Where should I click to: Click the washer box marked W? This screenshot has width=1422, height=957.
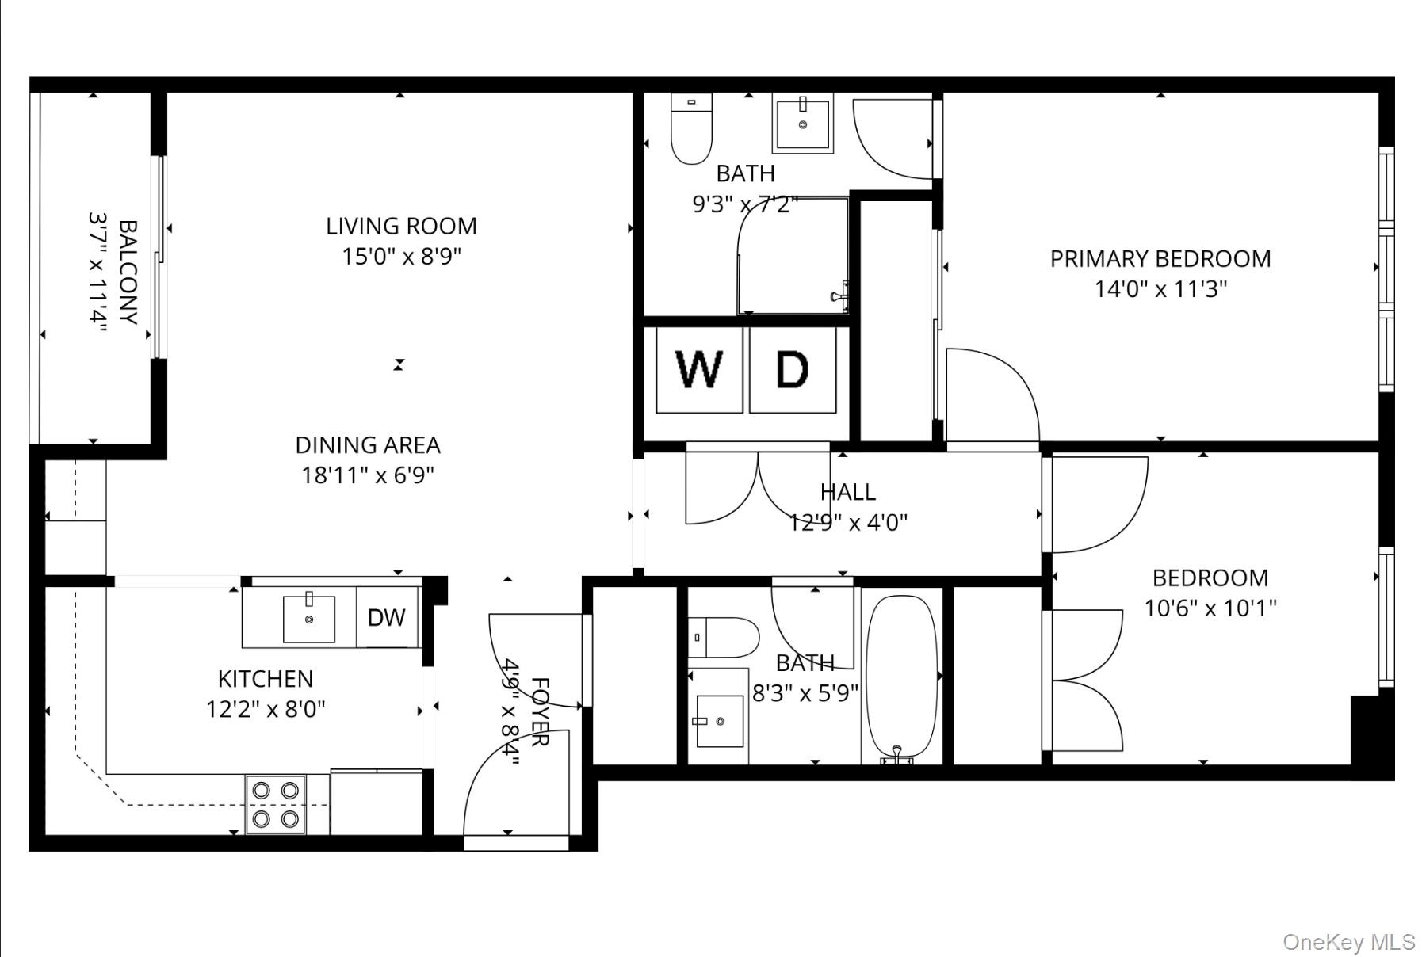(x=699, y=369)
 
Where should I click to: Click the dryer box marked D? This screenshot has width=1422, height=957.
(x=792, y=369)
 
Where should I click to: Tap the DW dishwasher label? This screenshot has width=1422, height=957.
(x=387, y=618)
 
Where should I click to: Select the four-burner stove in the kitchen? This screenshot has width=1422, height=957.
(x=275, y=804)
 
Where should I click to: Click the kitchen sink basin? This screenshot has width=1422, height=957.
(x=309, y=619)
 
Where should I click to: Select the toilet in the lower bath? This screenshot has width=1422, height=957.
(x=722, y=638)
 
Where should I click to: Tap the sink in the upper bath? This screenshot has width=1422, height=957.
(x=802, y=124)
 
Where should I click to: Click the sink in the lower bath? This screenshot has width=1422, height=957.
(x=719, y=721)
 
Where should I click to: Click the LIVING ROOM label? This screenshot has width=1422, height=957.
(x=401, y=227)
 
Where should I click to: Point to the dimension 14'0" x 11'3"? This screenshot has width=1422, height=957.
(x=1160, y=289)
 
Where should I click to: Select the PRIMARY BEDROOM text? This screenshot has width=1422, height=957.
(x=1160, y=259)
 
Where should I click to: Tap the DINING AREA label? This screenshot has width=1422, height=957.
(x=368, y=445)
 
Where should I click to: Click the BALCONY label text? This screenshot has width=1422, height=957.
(x=128, y=273)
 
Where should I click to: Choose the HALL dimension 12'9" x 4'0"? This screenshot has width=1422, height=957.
(x=847, y=523)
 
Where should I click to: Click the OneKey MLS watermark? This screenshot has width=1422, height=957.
(x=1348, y=941)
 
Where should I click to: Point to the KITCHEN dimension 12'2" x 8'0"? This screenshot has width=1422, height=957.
(x=266, y=709)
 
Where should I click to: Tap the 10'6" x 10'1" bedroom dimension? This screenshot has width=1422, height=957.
(x=1210, y=608)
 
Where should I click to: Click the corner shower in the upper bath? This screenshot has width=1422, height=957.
(x=793, y=257)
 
